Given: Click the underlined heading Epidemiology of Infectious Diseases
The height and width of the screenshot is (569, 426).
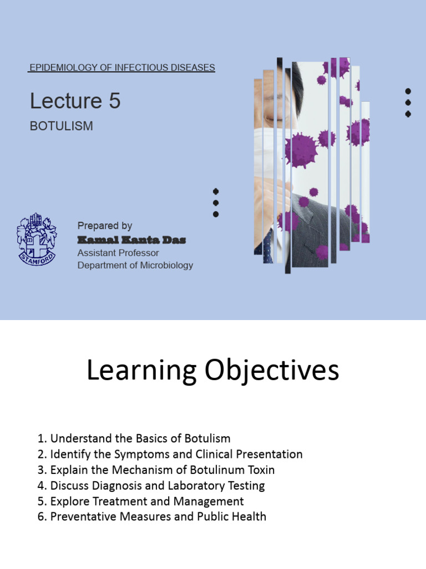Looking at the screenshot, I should click(x=121, y=68).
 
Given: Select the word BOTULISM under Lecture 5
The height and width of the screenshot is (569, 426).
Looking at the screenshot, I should click(x=61, y=126).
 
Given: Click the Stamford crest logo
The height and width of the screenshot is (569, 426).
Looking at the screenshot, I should click(x=37, y=239).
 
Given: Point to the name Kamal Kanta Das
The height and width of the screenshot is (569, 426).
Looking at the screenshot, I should click(x=131, y=240).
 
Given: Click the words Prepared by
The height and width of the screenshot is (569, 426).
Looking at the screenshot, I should click(x=105, y=226).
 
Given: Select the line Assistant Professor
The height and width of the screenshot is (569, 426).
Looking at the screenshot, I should click(x=118, y=253).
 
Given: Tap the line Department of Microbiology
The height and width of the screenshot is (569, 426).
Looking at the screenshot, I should click(x=135, y=265).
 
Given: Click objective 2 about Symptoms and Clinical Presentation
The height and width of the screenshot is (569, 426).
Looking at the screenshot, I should click(x=170, y=454).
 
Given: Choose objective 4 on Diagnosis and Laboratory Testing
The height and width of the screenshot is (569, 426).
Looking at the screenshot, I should click(x=151, y=485).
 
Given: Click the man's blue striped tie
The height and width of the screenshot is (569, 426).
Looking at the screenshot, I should click(x=268, y=244).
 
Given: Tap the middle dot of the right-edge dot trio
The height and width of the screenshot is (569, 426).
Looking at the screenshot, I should click(x=408, y=102).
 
